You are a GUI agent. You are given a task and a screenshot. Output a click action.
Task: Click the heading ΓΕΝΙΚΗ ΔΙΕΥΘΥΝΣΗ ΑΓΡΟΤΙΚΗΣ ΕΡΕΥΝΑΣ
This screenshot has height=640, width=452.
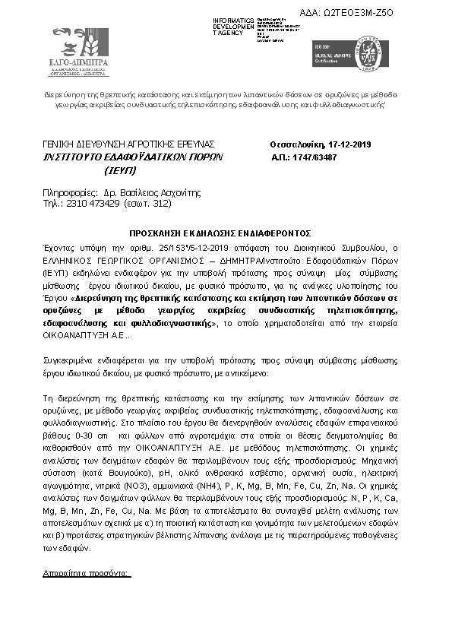[x=128, y=144]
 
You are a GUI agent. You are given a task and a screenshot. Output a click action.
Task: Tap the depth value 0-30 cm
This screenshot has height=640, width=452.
[x=93, y=429]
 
